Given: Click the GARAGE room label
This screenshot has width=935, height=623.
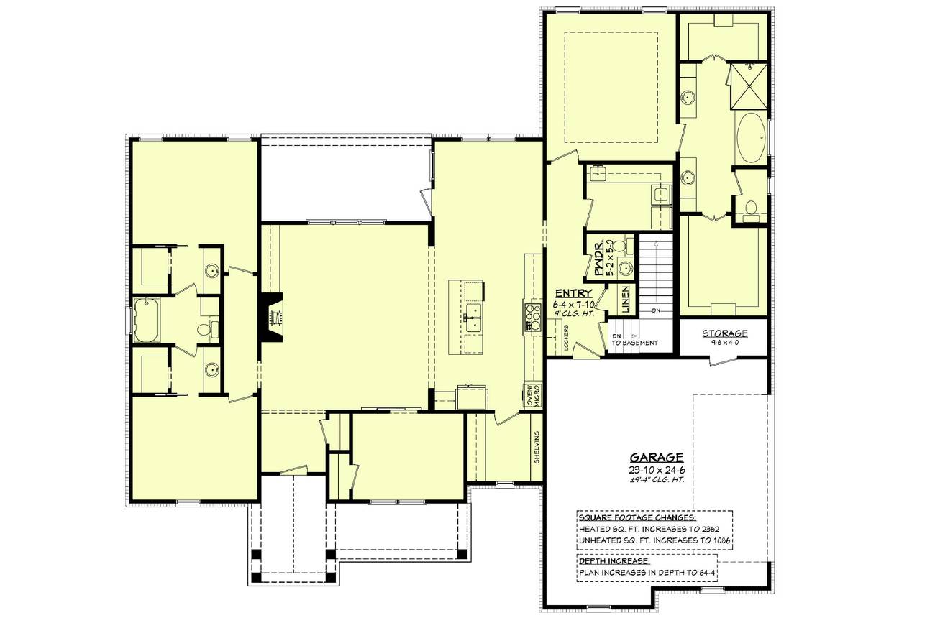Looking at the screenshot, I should tap(657, 457).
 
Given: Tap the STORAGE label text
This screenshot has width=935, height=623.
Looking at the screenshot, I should tap(725, 333).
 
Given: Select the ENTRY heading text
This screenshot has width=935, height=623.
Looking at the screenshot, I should tap(573, 293).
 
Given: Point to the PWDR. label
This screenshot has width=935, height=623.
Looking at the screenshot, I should tap(598, 259).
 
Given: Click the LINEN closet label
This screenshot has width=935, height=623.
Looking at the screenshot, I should tap(625, 300).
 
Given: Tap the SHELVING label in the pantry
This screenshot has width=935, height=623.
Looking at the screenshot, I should tap(537, 446).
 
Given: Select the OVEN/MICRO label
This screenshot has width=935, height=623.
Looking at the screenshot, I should tap(534, 394).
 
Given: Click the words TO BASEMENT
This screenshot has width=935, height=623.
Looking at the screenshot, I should tap(635, 343).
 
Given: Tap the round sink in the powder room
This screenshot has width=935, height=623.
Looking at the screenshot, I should tap(625, 269).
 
